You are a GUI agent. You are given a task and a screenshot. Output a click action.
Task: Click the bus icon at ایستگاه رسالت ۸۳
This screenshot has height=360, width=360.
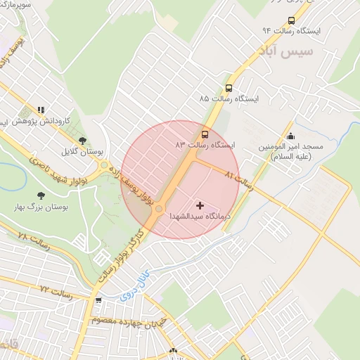tap(205, 133)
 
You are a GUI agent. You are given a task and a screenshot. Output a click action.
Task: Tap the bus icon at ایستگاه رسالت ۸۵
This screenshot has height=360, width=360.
tap(229, 88)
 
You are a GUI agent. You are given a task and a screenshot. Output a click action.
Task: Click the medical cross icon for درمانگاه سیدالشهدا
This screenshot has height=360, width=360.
tap(200, 206)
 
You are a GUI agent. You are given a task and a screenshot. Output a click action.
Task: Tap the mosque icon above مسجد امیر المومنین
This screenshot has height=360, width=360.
tap(291, 136)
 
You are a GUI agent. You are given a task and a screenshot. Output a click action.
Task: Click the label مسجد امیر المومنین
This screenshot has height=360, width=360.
tap(288, 151)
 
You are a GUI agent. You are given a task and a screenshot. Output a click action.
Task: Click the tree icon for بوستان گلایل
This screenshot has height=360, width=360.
tap(82, 141)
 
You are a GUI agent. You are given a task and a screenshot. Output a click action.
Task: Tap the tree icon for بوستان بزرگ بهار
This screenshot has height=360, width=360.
tap(40, 196)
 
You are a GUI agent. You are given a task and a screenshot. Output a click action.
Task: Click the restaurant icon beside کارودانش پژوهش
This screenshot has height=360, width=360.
tap(41, 110)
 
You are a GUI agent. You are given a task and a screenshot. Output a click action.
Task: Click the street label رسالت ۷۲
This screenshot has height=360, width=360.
tap(57, 289)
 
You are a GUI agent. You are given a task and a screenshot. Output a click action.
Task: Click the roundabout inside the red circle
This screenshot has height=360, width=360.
tap(160, 209)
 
